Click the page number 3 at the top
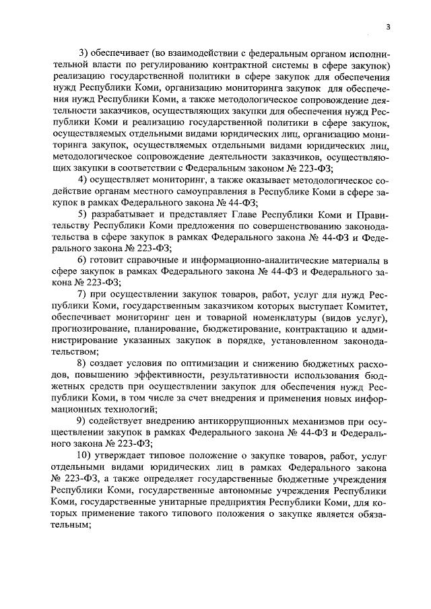pos(389,27)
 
